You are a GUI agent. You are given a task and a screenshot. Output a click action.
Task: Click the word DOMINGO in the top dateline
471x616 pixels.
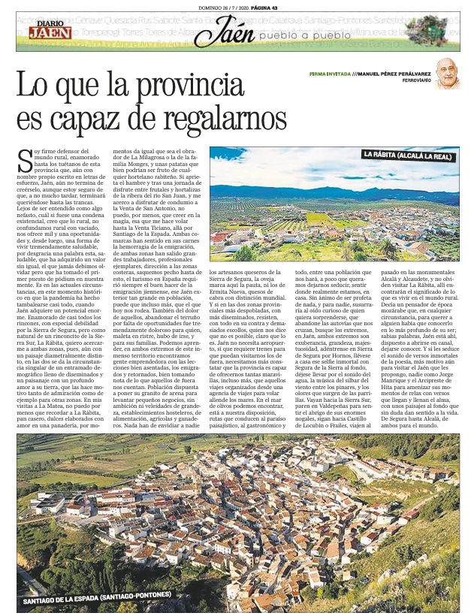point(204,6)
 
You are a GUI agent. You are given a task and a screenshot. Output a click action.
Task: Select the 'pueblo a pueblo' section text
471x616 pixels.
point(303,36)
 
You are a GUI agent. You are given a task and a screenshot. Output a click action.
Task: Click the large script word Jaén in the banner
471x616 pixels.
point(226,33)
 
